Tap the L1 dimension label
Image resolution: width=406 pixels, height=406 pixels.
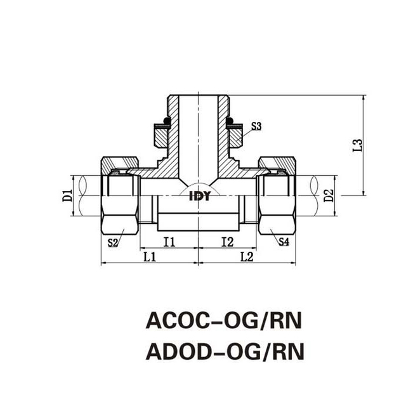[x=150, y=257]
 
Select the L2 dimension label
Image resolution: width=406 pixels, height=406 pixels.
[x=247, y=257]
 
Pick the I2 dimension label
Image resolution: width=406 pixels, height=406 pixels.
[x=227, y=241]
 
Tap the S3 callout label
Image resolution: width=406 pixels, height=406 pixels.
[x=256, y=126]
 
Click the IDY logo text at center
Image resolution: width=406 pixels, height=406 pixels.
[x=199, y=196]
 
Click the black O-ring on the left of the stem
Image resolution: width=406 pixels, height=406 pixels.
[x=163, y=121]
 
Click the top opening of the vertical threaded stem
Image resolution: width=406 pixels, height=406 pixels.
[x=198, y=98]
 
